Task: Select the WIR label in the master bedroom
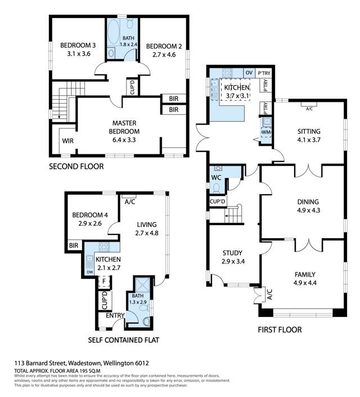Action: [x=67, y=140]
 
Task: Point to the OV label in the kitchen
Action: [x=249, y=73]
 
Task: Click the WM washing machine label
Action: [x=267, y=132]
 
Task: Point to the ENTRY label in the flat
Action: [x=115, y=315]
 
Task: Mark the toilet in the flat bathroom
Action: [x=147, y=321]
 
